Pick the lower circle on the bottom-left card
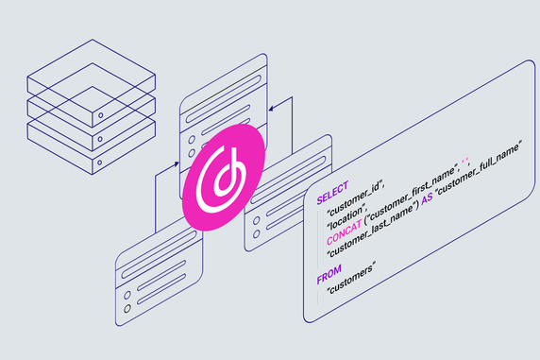(126, 308)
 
